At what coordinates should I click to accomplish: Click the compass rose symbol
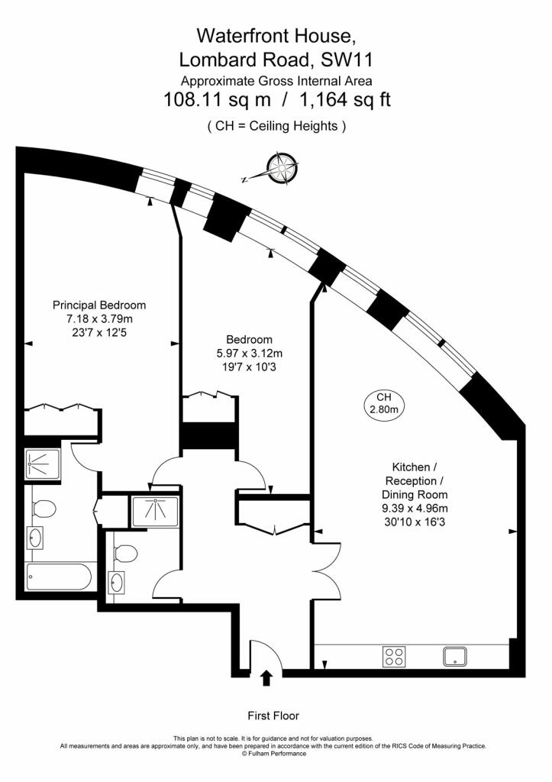coord(282,168)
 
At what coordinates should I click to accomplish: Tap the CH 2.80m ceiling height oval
coord(383,403)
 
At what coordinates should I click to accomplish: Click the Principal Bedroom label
coord(99,305)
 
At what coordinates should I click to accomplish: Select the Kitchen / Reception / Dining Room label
coord(415,481)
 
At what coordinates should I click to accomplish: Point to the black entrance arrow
coord(266,678)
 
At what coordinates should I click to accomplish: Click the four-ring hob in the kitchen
coord(394,656)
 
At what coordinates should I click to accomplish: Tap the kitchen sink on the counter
coord(455,656)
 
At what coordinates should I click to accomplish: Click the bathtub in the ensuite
coord(59,577)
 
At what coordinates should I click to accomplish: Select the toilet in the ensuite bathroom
coord(44,509)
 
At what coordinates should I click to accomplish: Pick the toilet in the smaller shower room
coord(125,553)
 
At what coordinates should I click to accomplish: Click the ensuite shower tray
coord(43,464)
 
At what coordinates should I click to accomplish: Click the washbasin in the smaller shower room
coord(117,583)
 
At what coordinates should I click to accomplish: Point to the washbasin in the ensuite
coord(35,538)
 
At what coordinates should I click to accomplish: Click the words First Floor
coord(273,716)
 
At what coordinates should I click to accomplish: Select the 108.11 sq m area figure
coord(218,100)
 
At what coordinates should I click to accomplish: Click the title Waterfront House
coord(276,36)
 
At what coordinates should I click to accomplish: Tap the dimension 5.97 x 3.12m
coord(250,354)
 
